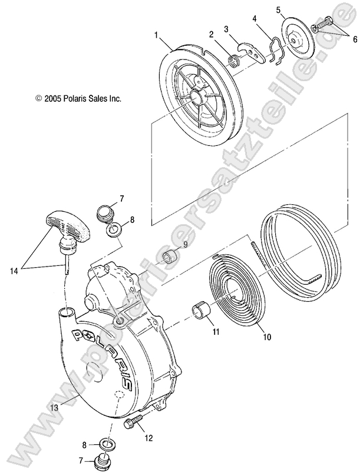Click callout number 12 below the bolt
tap(148, 438)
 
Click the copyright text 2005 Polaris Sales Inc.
tap(78, 99)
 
